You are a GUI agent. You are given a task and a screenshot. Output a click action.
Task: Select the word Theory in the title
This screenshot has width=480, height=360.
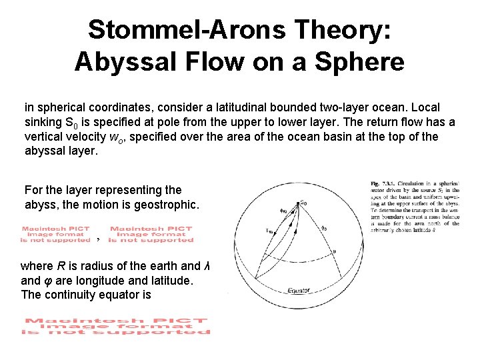point(345,29)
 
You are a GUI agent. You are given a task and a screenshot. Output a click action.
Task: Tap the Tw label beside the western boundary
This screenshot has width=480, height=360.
point(269,231)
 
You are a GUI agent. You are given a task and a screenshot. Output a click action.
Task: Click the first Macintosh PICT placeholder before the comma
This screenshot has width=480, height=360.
point(55,235)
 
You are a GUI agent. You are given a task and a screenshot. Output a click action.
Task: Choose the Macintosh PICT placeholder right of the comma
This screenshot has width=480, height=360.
point(152,235)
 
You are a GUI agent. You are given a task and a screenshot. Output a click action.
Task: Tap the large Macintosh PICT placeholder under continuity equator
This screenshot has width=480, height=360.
point(117,327)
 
